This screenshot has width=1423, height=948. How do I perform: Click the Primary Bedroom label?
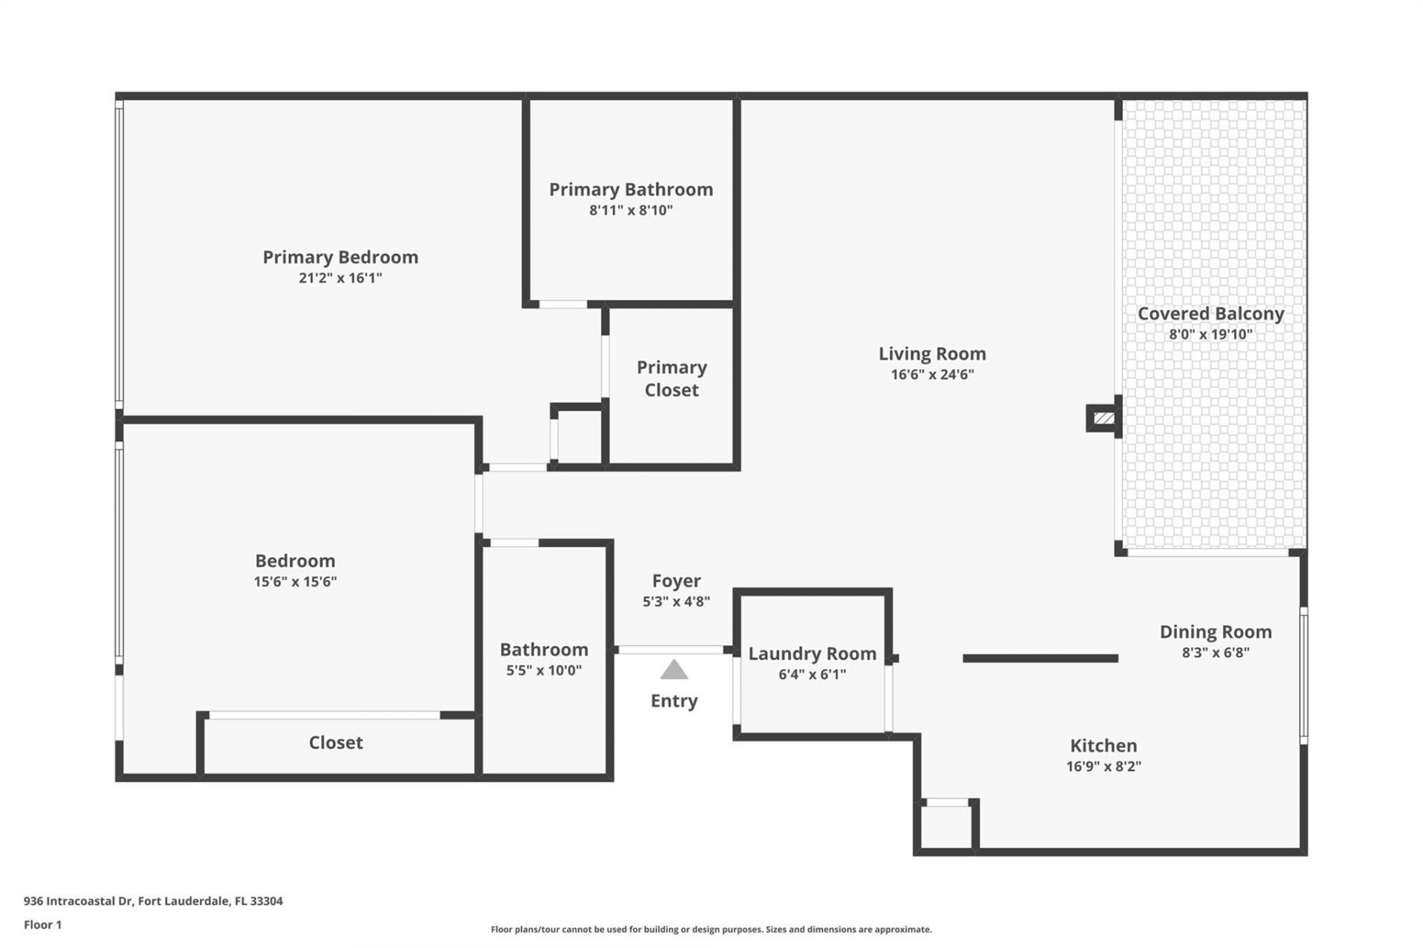click(x=340, y=257)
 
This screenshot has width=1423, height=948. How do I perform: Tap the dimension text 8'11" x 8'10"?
click(x=631, y=210)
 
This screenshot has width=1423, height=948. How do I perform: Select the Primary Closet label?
click(x=671, y=378)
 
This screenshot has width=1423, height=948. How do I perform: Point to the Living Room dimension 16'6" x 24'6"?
click(x=932, y=375)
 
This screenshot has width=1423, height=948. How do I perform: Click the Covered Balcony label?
click(x=1210, y=313)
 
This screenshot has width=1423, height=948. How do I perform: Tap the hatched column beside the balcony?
click(x=1104, y=418)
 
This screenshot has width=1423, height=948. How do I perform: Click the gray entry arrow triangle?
click(x=674, y=670)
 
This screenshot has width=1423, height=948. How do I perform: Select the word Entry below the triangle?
click(x=674, y=701)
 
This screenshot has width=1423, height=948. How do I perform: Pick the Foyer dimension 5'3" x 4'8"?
click(x=676, y=602)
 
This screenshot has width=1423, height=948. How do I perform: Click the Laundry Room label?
click(x=812, y=653)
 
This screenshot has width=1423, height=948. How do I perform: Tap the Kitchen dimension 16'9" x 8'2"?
click(x=1103, y=767)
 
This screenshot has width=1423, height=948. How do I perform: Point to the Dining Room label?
click(x=1215, y=632)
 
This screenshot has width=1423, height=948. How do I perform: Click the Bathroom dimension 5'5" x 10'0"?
click(x=543, y=671)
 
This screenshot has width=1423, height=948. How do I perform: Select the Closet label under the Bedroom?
click(x=336, y=742)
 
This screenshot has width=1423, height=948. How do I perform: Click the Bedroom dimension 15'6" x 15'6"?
click(x=295, y=582)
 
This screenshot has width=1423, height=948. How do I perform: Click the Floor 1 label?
click(x=42, y=924)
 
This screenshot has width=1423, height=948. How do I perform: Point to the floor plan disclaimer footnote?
click(x=711, y=929)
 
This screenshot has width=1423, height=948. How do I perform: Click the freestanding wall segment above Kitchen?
click(x=1040, y=658)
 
